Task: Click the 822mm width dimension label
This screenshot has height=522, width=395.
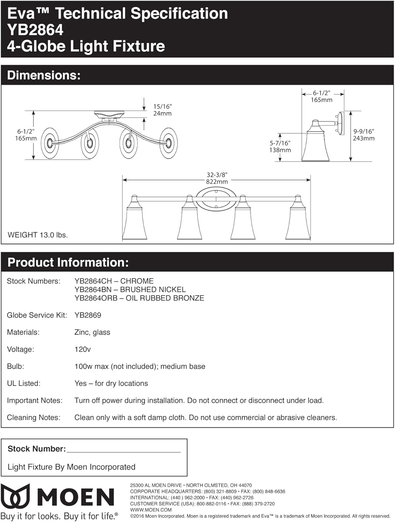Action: pos(217,182)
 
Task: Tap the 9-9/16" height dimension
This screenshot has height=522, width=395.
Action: pos(364,132)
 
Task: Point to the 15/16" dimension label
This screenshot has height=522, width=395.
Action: pos(162,106)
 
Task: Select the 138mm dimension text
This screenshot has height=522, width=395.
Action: pos(280,150)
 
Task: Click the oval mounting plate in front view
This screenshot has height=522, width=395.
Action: pos(216,199)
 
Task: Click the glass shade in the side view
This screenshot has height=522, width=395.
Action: pos(316,146)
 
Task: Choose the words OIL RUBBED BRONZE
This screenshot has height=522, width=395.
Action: pos(165,298)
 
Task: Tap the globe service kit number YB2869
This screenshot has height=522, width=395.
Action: pos(88,315)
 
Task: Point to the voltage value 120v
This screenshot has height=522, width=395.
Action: pos(83,349)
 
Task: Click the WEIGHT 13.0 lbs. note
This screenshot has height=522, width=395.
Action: pos(38,235)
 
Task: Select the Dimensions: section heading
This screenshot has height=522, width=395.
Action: pos(44,76)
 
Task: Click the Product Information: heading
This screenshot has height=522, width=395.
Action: pos(68,262)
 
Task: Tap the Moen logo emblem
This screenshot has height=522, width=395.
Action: pos(15,496)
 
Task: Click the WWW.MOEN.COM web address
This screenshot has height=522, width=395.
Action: pos(151,510)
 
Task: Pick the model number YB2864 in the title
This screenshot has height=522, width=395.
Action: pos(35,30)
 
